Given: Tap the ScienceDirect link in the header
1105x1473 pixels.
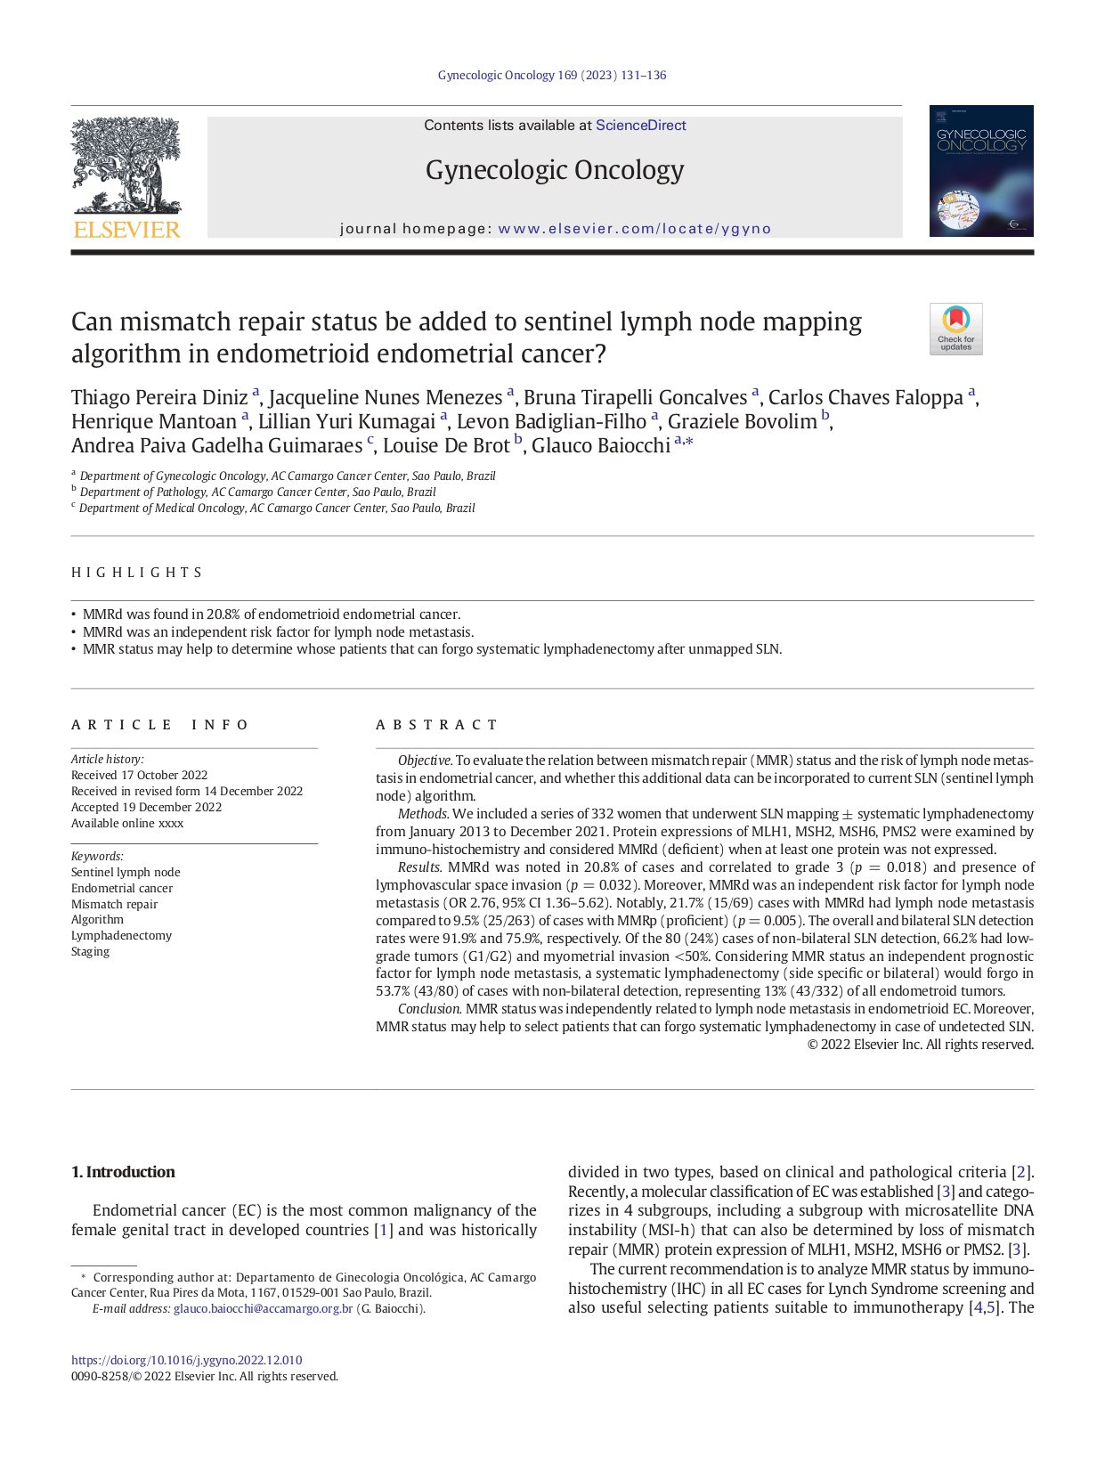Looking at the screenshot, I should point(640,126).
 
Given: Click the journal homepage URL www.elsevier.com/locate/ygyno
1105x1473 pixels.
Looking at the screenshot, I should point(634,229).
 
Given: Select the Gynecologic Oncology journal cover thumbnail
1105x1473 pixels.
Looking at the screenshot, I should point(980,171).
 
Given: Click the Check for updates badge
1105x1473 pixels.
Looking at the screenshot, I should point(955,330).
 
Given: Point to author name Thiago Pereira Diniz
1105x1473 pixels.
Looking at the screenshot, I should point(159,398).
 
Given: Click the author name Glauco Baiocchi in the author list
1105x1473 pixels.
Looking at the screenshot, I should point(600,446).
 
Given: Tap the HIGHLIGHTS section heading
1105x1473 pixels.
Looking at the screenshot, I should point(137,573).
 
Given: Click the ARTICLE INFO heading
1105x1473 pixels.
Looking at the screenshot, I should point(160,725).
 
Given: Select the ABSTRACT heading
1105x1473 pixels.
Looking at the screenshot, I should point(436,725).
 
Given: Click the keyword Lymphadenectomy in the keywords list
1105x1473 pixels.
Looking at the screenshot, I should point(121,936).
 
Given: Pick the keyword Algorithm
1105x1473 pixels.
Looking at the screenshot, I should point(97,920).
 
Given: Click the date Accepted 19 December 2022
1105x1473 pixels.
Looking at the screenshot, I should point(146,808).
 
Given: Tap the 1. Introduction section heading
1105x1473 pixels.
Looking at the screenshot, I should point(123,1172).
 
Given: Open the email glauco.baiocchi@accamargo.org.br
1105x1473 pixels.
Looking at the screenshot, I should point(263,1309).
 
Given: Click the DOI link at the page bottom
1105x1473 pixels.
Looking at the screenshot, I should point(186,1361).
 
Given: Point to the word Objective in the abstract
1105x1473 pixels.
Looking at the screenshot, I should point(424,761).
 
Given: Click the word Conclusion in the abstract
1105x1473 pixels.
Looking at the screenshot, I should point(428,1009).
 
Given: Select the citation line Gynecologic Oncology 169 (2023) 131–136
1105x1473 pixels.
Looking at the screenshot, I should point(551,76).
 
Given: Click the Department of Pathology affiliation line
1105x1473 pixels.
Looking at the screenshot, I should point(257,492).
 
